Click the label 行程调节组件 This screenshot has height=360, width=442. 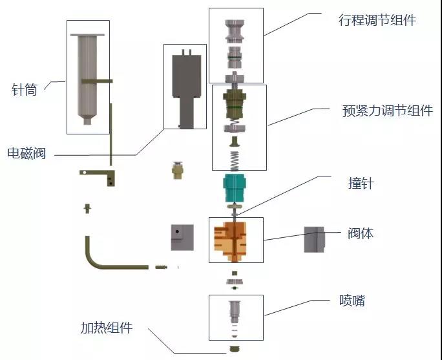click(x=377, y=20)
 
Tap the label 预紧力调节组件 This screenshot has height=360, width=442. click(x=387, y=111)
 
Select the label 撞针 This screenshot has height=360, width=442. click(x=361, y=184)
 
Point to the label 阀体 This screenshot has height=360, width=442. click(x=361, y=233)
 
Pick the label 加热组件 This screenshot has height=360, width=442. click(x=107, y=328)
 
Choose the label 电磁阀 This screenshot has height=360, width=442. click(x=26, y=154)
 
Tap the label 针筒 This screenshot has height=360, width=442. click(x=25, y=90)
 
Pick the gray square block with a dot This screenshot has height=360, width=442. click(x=182, y=237)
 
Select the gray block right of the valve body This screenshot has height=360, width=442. click(x=314, y=239)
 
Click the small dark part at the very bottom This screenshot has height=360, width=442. click(x=236, y=350)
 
